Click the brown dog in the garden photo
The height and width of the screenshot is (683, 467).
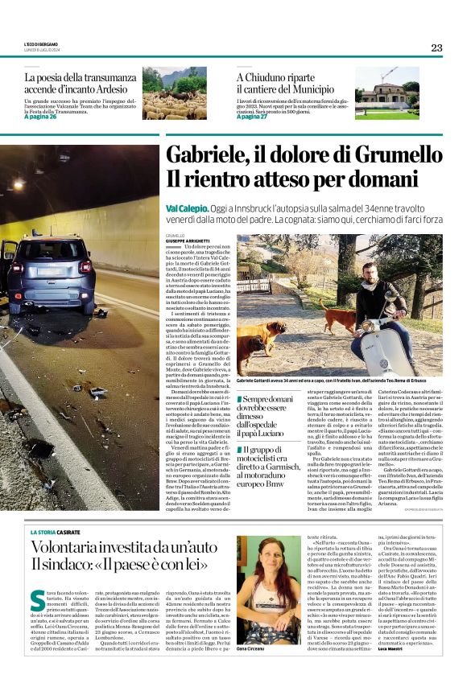point(262,338)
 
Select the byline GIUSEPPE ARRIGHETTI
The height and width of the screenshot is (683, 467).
point(187,241)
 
